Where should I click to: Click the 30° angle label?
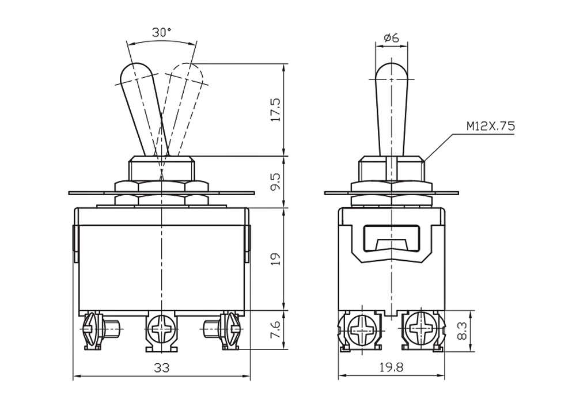(x=162, y=33)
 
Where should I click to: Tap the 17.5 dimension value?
(x=276, y=110)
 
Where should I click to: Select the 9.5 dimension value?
(x=276, y=182)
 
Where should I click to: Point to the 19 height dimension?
(x=276, y=259)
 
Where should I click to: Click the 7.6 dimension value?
(x=276, y=329)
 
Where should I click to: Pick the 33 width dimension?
(x=162, y=367)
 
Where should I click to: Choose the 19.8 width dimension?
(x=392, y=367)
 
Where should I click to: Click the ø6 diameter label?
(x=391, y=37)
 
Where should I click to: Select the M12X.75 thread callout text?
(x=491, y=126)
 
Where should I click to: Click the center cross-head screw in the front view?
(x=162, y=329)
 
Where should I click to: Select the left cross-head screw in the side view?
(x=362, y=329)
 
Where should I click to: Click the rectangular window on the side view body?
(x=392, y=238)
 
